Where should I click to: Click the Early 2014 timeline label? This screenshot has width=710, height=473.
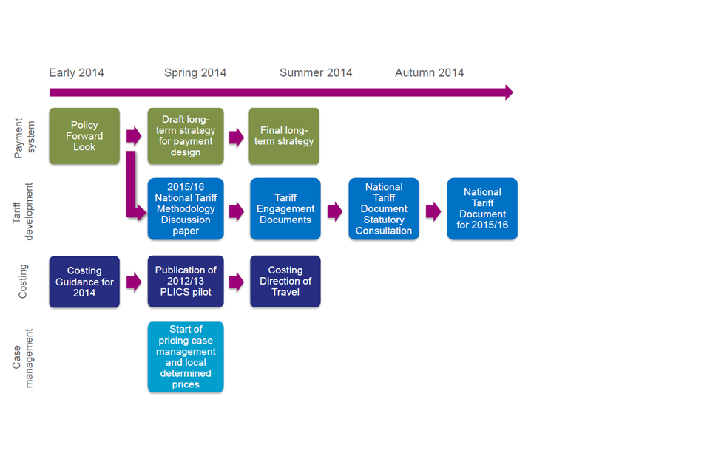click(x=76, y=72)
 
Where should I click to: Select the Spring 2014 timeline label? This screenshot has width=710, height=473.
click(x=195, y=72)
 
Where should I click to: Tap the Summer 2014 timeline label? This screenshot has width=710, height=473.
click(x=316, y=72)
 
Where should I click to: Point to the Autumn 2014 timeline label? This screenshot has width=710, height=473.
click(x=429, y=72)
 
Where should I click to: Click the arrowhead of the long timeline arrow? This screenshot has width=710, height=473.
click(x=509, y=92)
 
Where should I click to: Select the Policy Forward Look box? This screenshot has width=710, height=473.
click(x=84, y=136)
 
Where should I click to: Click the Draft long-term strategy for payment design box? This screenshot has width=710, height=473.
click(x=186, y=136)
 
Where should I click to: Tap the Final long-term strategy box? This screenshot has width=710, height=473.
click(x=284, y=136)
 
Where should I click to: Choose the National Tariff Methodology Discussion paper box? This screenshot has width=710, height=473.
click(x=186, y=208)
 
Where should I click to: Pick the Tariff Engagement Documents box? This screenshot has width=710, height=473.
click(x=285, y=208)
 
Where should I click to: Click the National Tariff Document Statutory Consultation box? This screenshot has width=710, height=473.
click(x=384, y=208)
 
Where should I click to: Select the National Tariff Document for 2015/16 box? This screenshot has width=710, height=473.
click(x=482, y=208)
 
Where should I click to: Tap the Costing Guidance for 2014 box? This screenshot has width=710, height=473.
click(x=84, y=282)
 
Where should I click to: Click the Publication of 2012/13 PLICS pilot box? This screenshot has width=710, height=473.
click(x=186, y=282)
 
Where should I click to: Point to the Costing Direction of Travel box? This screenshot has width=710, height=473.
click(x=285, y=282)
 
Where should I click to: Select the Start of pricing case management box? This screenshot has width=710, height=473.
click(x=186, y=357)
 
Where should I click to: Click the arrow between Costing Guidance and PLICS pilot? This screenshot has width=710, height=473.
click(x=134, y=282)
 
